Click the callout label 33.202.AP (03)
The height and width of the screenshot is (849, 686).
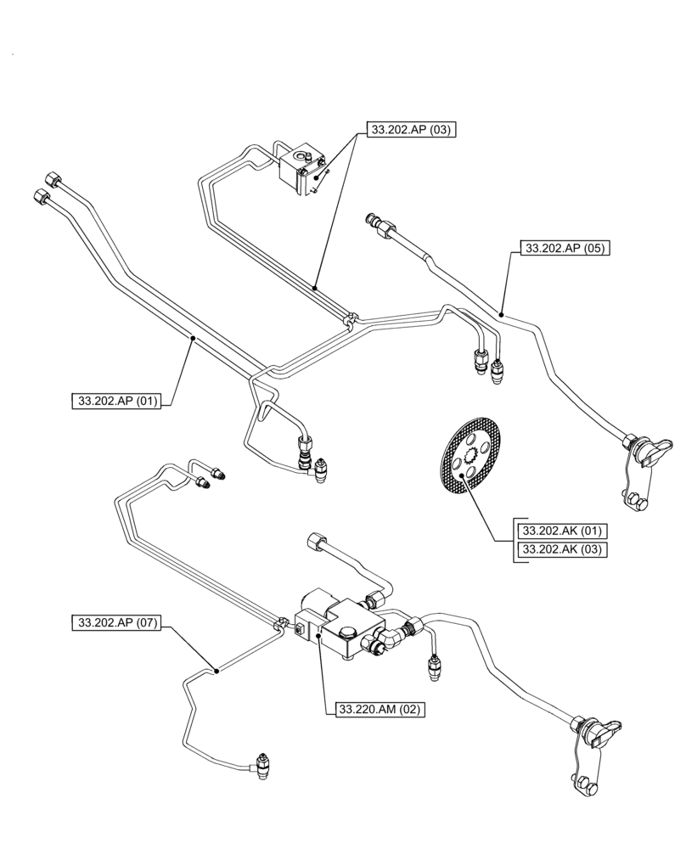411,130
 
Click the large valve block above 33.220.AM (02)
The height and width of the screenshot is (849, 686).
335,626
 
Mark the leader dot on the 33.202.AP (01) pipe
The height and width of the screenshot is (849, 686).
193,339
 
